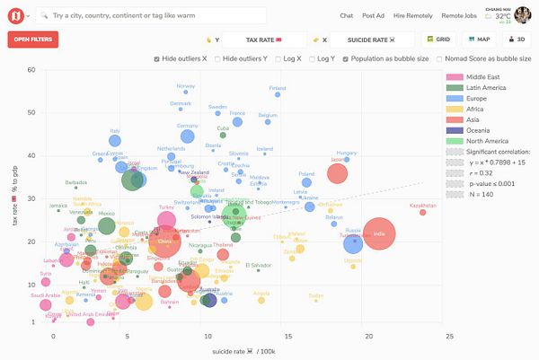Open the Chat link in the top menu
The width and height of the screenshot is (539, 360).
click(x=347, y=15)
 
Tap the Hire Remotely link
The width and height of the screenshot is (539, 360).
click(x=413, y=15)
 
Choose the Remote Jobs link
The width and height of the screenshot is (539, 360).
click(x=459, y=15)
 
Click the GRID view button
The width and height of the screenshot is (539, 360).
click(x=438, y=40)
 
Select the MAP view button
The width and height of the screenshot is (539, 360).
click(x=479, y=40)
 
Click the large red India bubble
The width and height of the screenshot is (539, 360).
click(x=379, y=235)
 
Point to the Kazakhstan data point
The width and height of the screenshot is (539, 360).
click(x=423, y=212)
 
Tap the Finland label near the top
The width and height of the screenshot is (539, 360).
click(x=278, y=88)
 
